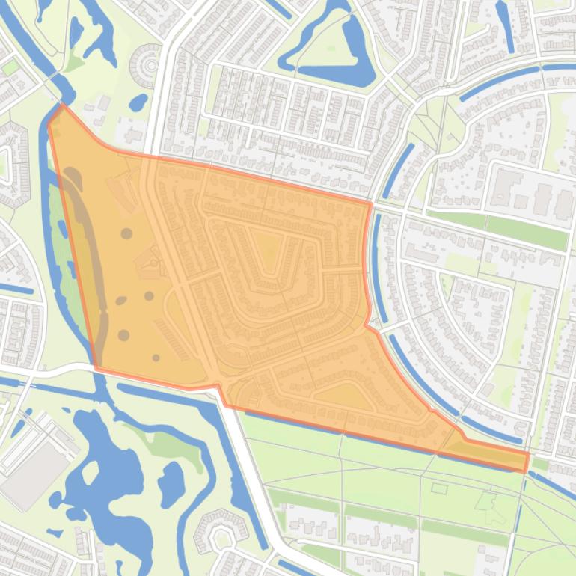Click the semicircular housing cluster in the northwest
147,64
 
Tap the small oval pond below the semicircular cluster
139,100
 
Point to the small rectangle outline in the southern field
439,488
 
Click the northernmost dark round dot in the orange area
126,233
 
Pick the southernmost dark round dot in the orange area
156,358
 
